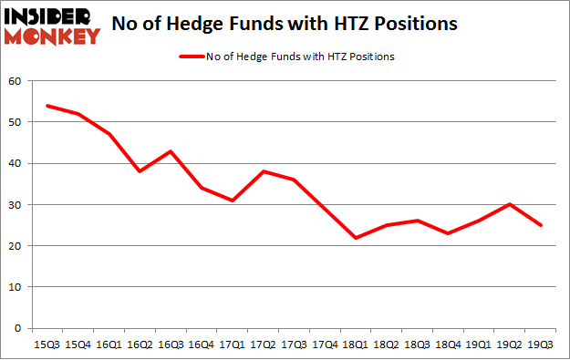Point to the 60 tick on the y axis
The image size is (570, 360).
pyautogui.click(x=15, y=81)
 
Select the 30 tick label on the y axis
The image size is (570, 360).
pyautogui.click(x=15, y=205)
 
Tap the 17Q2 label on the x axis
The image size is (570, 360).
pyautogui.click(x=263, y=344)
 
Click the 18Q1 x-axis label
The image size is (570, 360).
pyautogui.click(x=356, y=344)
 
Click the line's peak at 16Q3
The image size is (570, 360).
pyautogui.click(x=170, y=151)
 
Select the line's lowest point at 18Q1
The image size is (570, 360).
pyautogui.click(x=356, y=238)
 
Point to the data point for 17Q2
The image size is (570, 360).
pyautogui.click(x=263, y=171)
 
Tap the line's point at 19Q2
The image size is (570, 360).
pyautogui.click(x=511, y=204)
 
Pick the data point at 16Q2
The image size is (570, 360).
pyautogui.click(x=139, y=171)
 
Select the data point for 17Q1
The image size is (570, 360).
pyautogui.click(x=232, y=201)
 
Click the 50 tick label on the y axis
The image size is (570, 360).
pyautogui.click(x=15, y=122)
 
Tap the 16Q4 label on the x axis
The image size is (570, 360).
pyautogui.click(x=201, y=344)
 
